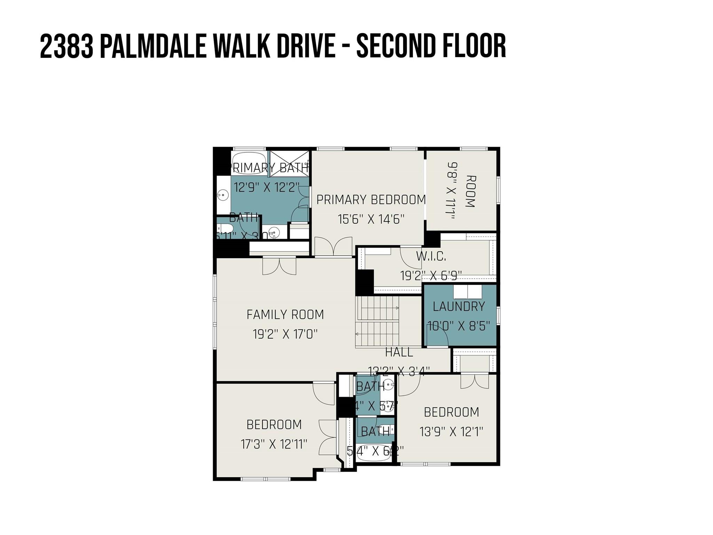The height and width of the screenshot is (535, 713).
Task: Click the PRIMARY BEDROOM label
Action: pyautogui.click(x=371, y=200)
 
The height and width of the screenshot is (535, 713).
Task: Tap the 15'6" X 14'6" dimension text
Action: pyautogui.click(x=371, y=219)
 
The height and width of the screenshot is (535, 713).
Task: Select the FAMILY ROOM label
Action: pyautogui.click(x=285, y=315)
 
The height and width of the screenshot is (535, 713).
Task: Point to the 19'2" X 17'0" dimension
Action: pyautogui.click(x=285, y=334)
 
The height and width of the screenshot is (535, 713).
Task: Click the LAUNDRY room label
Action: pyautogui.click(x=459, y=307)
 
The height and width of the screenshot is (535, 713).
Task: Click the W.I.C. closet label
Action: pyautogui.click(x=431, y=256)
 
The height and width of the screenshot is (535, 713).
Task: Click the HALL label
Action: pyautogui.click(x=399, y=352)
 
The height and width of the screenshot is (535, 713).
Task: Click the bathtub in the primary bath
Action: pyautogui.click(x=249, y=158)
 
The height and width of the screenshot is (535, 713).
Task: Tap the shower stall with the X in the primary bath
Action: pyautogui.click(x=290, y=163)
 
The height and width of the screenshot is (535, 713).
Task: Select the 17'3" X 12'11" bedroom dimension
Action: pyautogui.click(x=274, y=444)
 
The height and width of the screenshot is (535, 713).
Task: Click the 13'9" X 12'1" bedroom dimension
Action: pyautogui.click(x=451, y=432)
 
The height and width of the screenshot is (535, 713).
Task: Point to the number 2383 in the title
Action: pyautogui.click(x=66, y=46)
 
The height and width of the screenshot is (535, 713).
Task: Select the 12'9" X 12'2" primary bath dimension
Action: pyautogui.click(x=266, y=187)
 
